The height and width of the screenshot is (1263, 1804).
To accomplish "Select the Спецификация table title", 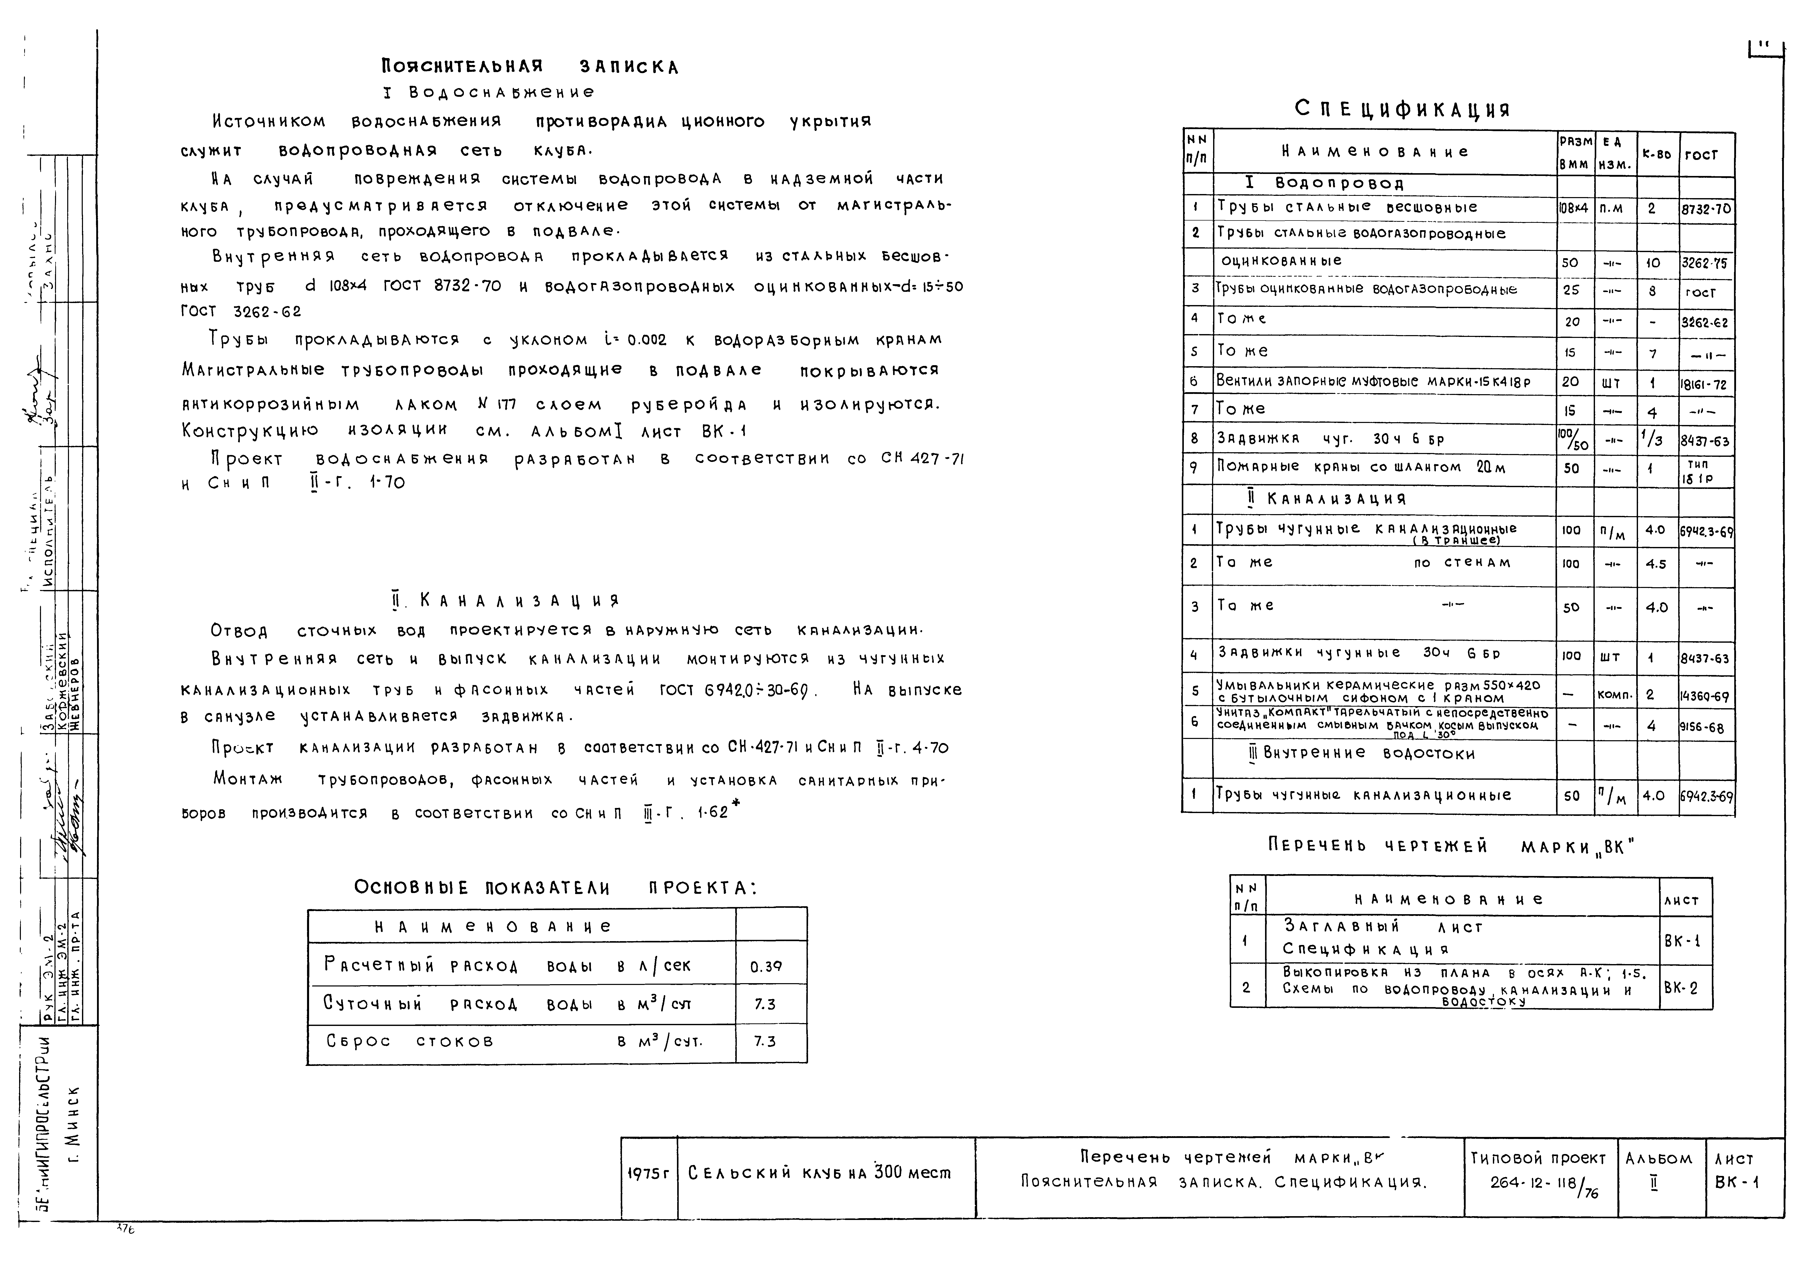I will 1403,109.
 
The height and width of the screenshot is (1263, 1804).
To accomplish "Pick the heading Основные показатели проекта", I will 555,888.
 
